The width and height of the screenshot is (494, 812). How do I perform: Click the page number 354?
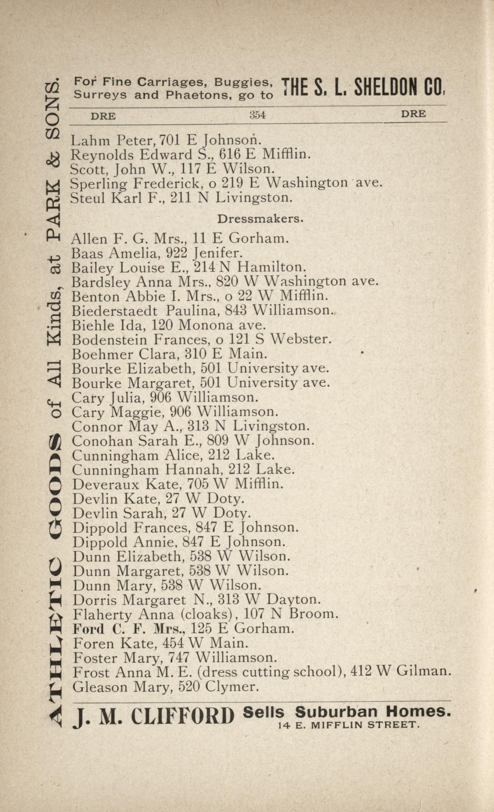(258, 115)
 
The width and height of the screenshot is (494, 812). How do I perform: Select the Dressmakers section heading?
(260, 219)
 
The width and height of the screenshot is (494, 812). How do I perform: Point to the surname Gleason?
(100, 687)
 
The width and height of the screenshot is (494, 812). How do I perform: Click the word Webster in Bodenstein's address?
(301, 339)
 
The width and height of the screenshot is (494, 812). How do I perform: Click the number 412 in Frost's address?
(361, 672)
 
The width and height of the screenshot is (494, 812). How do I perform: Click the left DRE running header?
(103, 116)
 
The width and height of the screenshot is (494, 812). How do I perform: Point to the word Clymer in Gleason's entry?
(232, 687)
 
